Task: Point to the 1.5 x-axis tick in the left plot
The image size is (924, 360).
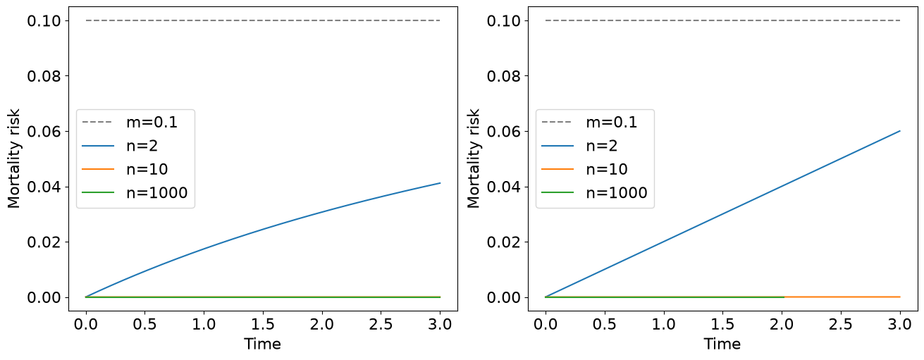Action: tap(263, 325)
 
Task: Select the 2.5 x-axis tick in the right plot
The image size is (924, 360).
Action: tap(840, 325)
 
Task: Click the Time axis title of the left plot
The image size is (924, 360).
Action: tap(262, 344)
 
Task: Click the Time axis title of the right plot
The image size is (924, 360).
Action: tap(722, 344)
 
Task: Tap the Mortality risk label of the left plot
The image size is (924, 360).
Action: tap(13, 159)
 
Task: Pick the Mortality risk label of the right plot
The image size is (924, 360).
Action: tap(473, 159)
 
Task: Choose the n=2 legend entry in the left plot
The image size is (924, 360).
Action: tap(120, 146)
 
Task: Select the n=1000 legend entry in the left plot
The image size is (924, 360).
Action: tap(135, 192)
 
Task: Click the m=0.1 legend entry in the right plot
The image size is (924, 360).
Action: tap(589, 122)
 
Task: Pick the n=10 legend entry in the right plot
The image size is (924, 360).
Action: tap(584, 169)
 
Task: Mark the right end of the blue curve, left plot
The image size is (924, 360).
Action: tap(440, 183)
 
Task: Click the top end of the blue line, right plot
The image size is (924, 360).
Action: tap(899, 131)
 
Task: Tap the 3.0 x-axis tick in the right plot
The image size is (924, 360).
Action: tap(899, 325)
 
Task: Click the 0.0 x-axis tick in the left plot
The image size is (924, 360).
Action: tap(86, 325)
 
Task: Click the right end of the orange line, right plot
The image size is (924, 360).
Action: tap(899, 297)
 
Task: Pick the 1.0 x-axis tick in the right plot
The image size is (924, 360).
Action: tap(663, 325)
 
